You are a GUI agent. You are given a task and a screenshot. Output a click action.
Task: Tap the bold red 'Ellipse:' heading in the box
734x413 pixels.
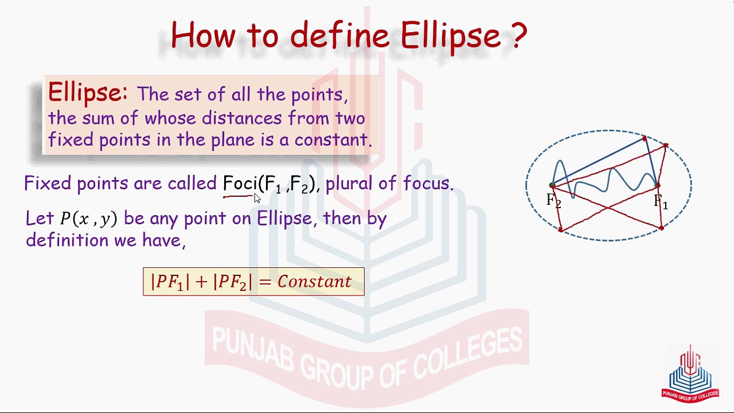click(x=88, y=93)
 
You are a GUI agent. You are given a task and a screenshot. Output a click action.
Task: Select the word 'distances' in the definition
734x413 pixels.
click(x=241, y=118)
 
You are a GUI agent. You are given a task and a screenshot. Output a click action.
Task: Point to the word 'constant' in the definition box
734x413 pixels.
click(x=333, y=139)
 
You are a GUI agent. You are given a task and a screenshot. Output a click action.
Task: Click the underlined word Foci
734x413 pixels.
click(x=240, y=183)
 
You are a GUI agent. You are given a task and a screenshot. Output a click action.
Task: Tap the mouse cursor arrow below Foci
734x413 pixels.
click(x=257, y=198)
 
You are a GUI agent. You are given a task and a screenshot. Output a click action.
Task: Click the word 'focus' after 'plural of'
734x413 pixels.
click(x=428, y=182)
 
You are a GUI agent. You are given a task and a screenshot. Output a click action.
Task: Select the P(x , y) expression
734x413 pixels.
click(x=88, y=219)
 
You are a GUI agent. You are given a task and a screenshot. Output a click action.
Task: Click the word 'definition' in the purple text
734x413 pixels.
click(x=67, y=240)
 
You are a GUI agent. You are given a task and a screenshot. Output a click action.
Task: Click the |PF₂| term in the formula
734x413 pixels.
click(x=233, y=282)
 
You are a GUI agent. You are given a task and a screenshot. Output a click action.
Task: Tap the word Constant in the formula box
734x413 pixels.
click(x=314, y=281)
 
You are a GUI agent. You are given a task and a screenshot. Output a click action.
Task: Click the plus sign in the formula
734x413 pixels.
click(x=201, y=282)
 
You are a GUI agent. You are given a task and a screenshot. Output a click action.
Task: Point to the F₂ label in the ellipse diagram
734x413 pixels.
click(x=553, y=200)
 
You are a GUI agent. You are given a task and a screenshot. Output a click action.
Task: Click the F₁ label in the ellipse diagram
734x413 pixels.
click(x=661, y=201)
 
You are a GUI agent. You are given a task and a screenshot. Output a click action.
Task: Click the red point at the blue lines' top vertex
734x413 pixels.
click(x=645, y=139)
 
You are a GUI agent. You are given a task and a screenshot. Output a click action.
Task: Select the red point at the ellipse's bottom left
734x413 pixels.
click(x=561, y=230)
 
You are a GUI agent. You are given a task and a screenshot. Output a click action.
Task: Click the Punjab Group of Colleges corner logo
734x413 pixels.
click(x=690, y=375)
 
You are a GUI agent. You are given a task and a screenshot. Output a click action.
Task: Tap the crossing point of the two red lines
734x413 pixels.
click(x=608, y=207)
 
